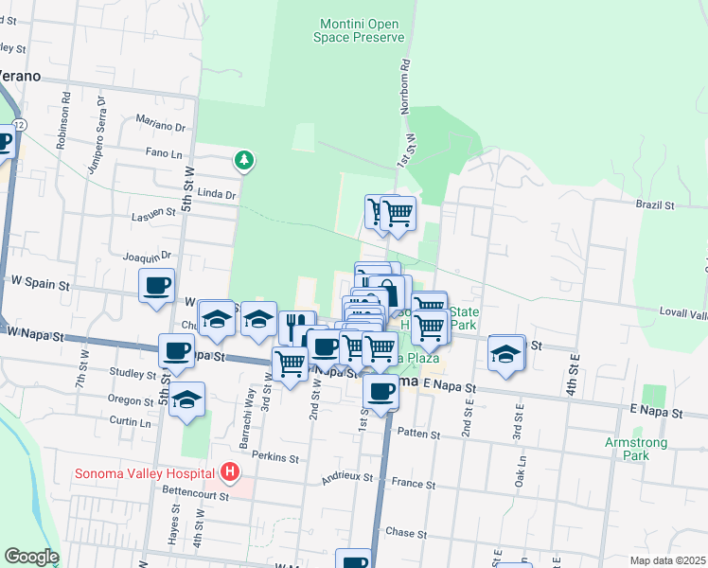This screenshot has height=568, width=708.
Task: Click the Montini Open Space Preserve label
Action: pos(359,30)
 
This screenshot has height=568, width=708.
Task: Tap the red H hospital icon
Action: pos(227,470)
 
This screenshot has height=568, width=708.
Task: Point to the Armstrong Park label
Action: pos(636,448)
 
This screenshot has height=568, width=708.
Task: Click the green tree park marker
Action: pos(245,160)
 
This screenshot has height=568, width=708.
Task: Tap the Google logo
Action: pos(31,557)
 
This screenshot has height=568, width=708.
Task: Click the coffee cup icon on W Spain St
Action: pos(157,285)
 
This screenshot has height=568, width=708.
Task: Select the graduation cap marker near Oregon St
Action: pos(187,399)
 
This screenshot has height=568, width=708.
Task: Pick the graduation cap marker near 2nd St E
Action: pos(507,353)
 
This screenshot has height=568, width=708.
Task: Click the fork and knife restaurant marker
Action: pos(296,327)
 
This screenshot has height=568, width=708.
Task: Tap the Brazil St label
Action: pos(654,204)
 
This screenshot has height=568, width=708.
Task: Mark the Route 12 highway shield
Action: pos(20,126)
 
